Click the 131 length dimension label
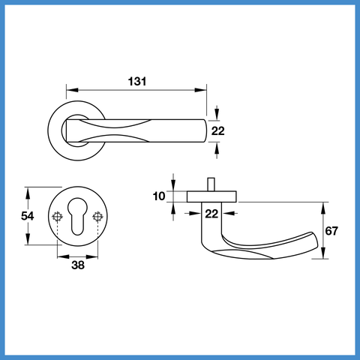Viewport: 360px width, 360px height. tap(137, 82)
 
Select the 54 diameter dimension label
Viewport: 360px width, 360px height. tap(27, 216)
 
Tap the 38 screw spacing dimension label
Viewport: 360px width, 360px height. tap(78, 265)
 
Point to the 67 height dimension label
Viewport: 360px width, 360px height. tap(331, 231)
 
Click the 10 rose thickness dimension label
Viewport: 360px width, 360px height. tap(159, 196)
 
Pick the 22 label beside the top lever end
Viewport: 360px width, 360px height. tap(218, 131)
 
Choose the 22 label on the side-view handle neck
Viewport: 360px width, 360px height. tap(211, 214)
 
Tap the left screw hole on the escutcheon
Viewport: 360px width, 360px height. tap(57, 217)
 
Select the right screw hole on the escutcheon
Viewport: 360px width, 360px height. tap(97, 217)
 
